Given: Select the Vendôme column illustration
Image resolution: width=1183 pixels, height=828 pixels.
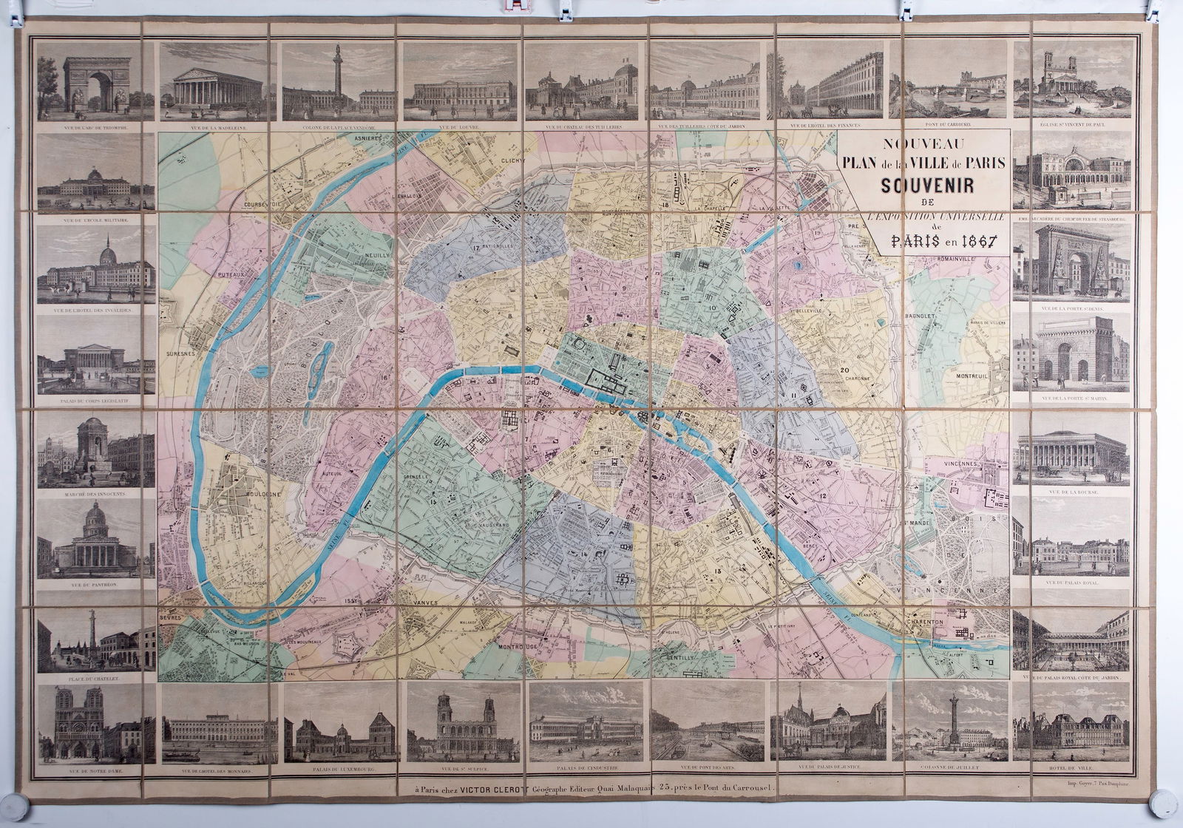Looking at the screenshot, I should click(338, 81).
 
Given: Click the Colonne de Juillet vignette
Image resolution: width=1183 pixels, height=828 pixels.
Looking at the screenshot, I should click(954, 721).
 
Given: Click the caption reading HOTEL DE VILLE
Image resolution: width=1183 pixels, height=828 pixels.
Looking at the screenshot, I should click(1071, 768).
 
